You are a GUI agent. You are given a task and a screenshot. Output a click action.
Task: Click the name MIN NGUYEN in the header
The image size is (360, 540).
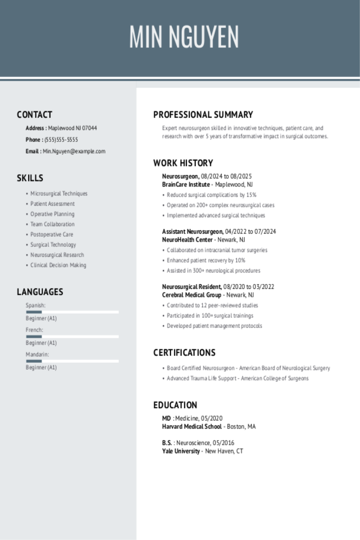(184, 37)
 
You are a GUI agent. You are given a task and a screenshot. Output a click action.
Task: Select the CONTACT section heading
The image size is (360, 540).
(34, 115)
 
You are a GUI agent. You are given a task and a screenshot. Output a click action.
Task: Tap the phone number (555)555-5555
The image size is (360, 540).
(61, 140)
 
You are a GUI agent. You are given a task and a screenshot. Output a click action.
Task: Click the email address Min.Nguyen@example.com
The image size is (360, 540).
(74, 151)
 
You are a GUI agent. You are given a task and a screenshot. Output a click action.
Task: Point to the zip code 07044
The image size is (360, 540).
(90, 128)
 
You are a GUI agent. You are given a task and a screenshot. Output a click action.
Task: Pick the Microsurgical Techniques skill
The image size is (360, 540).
(59, 194)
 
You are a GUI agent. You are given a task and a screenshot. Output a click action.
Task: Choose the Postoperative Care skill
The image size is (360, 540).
(52, 234)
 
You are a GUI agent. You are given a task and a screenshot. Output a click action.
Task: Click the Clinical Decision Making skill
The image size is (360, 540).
(58, 265)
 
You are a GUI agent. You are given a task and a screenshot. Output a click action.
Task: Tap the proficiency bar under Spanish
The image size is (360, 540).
(72, 312)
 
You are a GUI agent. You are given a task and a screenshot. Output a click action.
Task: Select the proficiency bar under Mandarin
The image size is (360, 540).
(72, 361)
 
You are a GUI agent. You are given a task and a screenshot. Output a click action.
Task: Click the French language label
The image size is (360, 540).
(34, 330)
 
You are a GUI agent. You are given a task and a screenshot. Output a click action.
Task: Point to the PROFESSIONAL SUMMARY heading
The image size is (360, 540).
(203, 115)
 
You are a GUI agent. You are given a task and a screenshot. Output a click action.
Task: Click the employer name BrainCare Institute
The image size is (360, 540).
(186, 184)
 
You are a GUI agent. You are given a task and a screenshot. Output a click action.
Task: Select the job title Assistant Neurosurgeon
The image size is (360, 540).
(192, 232)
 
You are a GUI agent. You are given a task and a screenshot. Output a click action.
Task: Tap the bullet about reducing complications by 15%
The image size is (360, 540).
(212, 195)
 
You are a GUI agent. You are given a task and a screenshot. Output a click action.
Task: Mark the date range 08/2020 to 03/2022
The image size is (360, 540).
(248, 287)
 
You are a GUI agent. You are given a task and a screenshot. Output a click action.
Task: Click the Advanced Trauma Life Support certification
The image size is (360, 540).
(238, 378)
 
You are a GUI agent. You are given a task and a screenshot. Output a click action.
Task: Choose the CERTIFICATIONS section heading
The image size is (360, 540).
(184, 353)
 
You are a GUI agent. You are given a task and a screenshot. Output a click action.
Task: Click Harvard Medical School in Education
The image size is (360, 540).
(192, 427)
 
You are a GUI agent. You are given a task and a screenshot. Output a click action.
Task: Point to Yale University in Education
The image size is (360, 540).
(181, 451)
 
